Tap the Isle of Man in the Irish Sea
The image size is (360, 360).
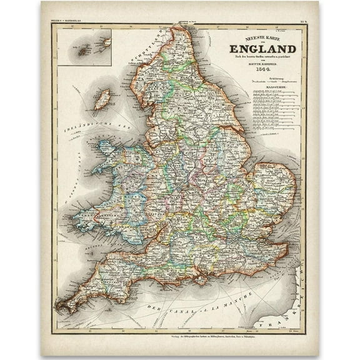(x=101, y=99)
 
